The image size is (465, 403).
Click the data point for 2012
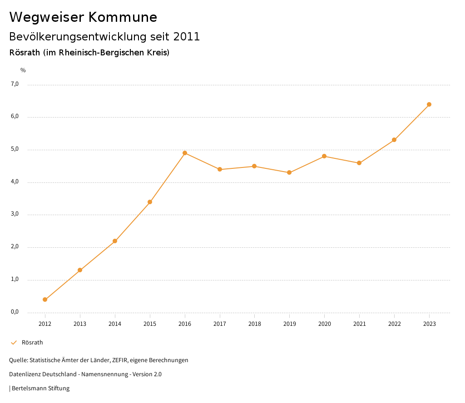45,300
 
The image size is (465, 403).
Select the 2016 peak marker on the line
185,153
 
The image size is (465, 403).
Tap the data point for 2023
429,104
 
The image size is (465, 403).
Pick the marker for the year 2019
289,172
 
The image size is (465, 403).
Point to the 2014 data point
115,241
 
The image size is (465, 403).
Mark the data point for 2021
359,163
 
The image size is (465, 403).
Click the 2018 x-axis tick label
254,324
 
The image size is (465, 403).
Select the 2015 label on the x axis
150,324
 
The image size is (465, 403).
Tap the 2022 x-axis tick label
394,324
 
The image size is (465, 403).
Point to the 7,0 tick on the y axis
15,84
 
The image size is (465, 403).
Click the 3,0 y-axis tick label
15,214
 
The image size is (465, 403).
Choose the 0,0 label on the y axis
15,312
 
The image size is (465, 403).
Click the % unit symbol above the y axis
23,70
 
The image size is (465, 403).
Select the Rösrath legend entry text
32,343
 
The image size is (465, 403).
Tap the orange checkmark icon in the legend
14,343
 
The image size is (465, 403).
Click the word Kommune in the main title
122,17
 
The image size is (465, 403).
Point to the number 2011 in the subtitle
186,37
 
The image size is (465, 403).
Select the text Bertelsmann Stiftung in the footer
40,388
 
